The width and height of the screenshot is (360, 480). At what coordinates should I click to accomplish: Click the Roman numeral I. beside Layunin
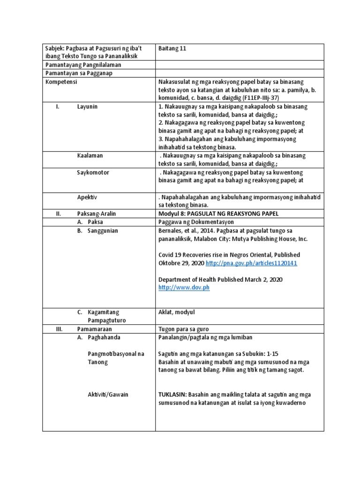click(58, 107)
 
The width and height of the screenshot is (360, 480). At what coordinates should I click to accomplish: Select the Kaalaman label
click(90, 155)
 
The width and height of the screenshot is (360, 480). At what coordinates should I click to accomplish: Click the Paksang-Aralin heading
click(97, 214)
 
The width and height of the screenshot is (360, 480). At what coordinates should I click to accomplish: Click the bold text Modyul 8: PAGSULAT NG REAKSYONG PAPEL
click(219, 214)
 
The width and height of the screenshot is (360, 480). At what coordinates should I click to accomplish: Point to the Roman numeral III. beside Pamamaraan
click(59, 329)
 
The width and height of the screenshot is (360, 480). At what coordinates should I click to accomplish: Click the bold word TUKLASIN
click(175, 395)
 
